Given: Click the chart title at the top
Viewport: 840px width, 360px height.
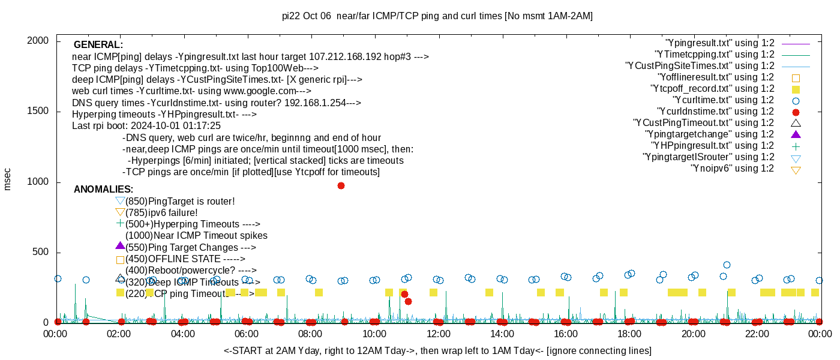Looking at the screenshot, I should click(437, 16).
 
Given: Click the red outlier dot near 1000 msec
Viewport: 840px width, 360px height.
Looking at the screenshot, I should click(341, 185).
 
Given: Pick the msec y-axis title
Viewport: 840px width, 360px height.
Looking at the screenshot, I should click(8, 179).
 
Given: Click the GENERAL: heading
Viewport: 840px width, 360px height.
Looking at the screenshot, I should click(98, 45).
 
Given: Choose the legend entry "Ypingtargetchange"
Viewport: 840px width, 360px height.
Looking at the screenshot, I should click(710, 134).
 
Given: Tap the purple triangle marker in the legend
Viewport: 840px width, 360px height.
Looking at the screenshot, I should click(796, 134).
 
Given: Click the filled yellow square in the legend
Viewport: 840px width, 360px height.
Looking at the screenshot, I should click(796, 89).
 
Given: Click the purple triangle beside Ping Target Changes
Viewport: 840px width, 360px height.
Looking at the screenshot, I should click(120, 246).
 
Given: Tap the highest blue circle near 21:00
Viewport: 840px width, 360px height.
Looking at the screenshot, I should click(727, 265).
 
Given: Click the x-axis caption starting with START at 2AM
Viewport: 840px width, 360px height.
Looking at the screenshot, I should click(437, 350).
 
